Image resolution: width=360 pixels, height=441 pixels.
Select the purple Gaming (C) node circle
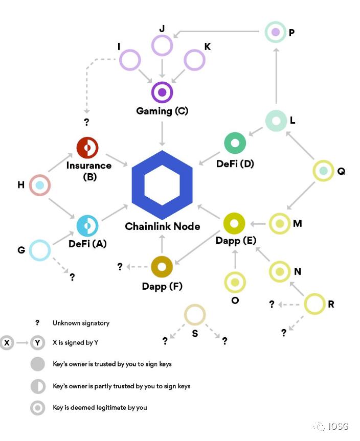(162, 92)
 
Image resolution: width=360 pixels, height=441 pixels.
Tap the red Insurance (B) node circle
(87, 148)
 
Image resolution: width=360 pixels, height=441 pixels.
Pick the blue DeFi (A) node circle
(87, 225)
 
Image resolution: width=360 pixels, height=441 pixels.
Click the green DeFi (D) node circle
(235, 143)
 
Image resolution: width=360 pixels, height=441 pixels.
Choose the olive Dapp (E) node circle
(235, 223)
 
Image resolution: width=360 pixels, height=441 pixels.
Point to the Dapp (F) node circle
(162, 266)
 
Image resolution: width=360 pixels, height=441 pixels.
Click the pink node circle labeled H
(40, 185)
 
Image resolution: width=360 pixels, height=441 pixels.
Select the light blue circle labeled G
(40, 250)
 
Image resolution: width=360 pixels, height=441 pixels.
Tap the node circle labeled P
(276, 32)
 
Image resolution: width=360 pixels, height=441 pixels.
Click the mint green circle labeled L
(276, 121)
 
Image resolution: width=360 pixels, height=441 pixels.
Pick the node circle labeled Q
(323, 170)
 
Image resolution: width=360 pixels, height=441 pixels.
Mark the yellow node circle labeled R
(314, 305)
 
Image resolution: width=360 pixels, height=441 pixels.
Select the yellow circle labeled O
(235, 282)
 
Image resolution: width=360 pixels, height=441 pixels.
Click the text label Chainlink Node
(163, 226)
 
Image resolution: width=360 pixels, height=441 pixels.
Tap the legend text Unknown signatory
(81, 323)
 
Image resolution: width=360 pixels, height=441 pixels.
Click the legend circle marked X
(7, 342)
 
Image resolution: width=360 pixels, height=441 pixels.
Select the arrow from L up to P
(276, 77)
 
